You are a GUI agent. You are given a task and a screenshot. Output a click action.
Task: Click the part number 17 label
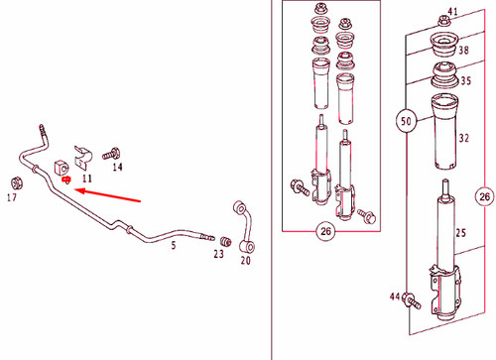pos(12,197)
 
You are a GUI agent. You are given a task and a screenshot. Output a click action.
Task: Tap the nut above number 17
pos(16,183)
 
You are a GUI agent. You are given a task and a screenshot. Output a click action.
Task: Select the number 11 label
pos(87,179)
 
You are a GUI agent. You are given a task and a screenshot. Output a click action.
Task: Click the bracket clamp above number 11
pos(83,157)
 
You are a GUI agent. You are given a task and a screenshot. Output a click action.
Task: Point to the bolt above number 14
pos(111,154)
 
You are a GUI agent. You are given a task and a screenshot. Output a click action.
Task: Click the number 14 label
pos(117,167)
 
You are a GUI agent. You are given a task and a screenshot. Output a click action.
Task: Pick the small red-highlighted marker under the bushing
pos(66,180)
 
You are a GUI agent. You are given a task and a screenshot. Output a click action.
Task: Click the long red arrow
pos(108,195)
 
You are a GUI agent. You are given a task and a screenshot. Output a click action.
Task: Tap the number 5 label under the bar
pos(174,245)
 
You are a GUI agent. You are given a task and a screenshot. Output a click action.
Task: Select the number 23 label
pos(218,254)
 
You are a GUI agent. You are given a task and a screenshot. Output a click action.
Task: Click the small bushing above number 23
pos(226,241)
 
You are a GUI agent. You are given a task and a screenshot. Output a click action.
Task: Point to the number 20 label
pos(245,261)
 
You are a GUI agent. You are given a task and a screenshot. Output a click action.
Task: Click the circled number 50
pos(406,121)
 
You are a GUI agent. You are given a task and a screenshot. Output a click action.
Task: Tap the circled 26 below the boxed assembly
pos(325,231)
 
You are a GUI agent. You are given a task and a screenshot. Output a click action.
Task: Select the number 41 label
pos(452,12)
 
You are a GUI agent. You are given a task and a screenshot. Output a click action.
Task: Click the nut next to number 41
pos(442,21)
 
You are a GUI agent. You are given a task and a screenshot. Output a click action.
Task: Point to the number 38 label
pos(463,51)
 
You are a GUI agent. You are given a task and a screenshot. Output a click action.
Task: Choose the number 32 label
pos(464,138)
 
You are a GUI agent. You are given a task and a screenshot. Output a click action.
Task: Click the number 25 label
pos(460,233)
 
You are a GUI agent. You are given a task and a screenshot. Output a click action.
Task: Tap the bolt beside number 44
pos(412,300)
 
